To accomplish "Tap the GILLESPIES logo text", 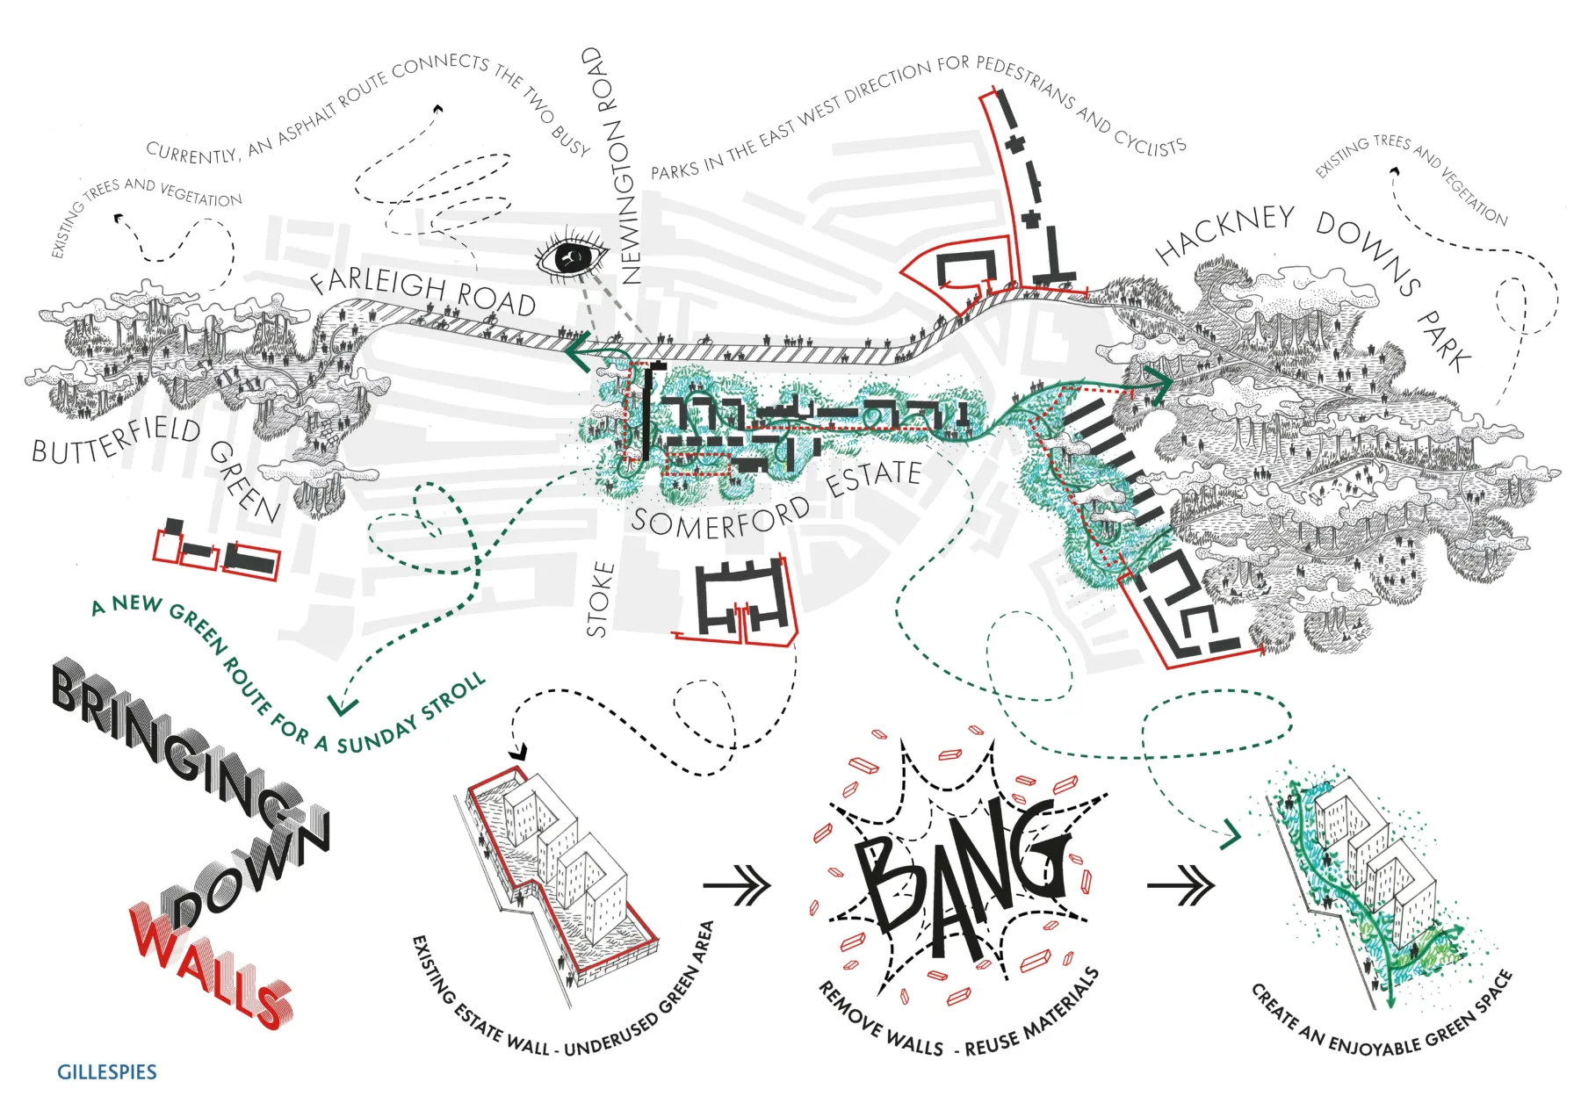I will click(106, 1072).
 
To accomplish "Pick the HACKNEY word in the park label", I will click(1225, 233).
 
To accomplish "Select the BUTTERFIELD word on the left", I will click(116, 440).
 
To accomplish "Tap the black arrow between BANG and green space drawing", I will click(1180, 884).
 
